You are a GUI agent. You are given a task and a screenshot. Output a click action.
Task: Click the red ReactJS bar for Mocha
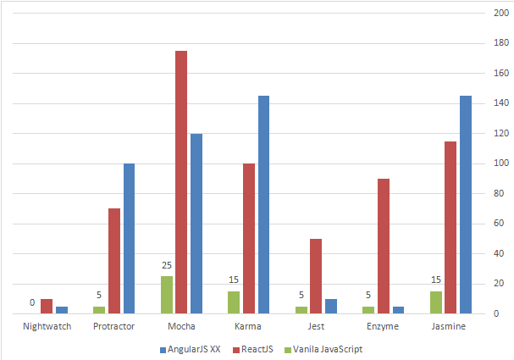click(x=181, y=182)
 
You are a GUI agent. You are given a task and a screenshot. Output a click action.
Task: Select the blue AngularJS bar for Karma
click(x=263, y=204)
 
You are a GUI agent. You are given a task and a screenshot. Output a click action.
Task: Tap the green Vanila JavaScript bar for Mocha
click(x=166, y=294)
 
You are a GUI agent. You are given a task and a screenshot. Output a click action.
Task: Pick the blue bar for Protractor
click(x=129, y=238)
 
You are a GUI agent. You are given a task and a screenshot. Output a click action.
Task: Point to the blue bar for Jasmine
click(x=465, y=204)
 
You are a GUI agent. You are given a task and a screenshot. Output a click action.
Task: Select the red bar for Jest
click(x=316, y=275)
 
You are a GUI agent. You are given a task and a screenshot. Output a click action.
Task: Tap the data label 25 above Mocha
click(x=166, y=265)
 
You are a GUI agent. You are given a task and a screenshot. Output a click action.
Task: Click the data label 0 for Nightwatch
click(x=32, y=302)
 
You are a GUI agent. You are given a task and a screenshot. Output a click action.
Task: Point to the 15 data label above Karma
click(x=234, y=280)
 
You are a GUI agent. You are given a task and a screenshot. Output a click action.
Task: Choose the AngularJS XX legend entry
click(x=190, y=348)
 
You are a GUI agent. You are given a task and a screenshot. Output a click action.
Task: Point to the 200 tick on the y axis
click(x=500, y=14)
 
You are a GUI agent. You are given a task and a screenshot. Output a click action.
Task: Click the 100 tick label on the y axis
click(x=500, y=163)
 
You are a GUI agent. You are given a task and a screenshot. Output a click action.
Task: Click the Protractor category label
click(x=113, y=326)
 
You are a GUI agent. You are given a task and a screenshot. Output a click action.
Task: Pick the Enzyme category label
click(x=383, y=326)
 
